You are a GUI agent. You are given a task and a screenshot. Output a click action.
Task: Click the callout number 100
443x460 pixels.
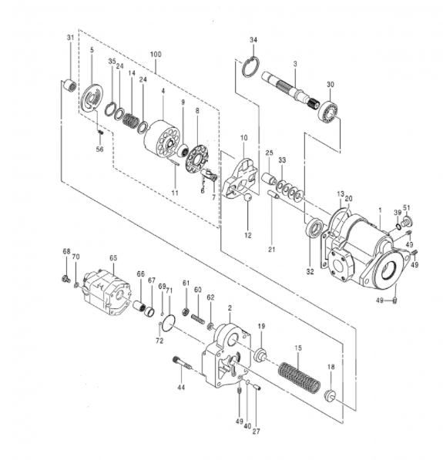coord(156,55)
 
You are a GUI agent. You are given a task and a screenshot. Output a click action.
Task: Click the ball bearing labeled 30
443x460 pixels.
coord(330,111)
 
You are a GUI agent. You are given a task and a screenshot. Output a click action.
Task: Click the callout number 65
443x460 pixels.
coord(112,258)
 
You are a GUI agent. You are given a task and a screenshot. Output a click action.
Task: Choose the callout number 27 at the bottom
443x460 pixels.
coord(256,431)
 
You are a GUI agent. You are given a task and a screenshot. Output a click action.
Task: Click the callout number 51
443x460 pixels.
coord(407,208)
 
